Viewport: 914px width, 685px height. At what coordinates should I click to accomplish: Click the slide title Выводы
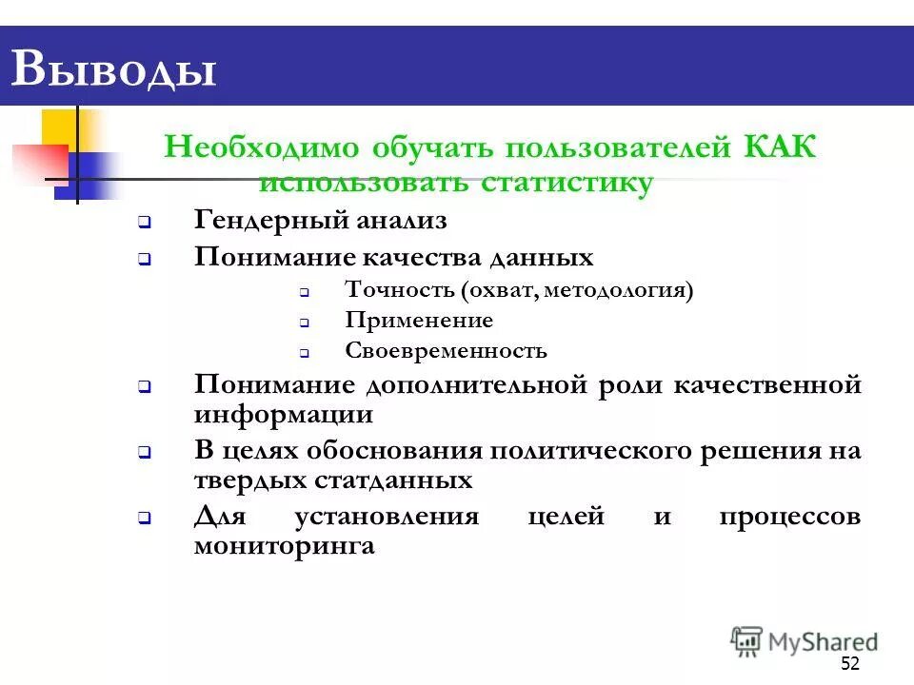tap(113, 70)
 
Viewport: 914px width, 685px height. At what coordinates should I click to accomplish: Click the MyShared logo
tap(805, 641)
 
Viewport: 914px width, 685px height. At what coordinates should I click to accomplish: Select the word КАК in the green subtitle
tap(779, 148)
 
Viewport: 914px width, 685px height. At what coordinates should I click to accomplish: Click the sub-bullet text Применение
tap(419, 321)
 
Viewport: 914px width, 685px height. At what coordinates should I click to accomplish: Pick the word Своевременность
tap(446, 351)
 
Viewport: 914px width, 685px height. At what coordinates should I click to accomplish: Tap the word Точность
tap(398, 290)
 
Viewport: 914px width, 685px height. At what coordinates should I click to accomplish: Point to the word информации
tap(284, 416)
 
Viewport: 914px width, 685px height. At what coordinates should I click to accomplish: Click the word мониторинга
tap(284, 547)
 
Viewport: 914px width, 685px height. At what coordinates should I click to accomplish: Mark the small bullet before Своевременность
tap(306, 353)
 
